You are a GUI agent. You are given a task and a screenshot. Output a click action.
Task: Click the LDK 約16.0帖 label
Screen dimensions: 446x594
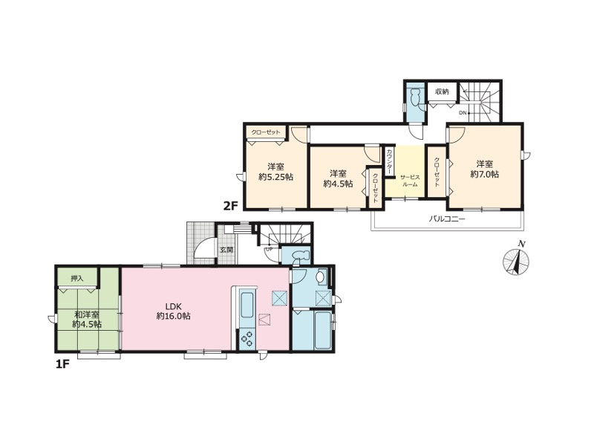click(x=173, y=310)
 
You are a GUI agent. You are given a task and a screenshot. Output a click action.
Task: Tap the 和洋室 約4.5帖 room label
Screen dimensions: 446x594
click(x=87, y=319)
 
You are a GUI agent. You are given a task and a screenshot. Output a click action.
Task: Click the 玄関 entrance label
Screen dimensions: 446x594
click(x=226, y=250)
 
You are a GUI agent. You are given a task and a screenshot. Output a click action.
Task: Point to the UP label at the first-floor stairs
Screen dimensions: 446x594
click(x=269, y=248)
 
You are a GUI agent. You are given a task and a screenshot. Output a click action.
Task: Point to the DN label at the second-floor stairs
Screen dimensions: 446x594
click(x=462, y=113)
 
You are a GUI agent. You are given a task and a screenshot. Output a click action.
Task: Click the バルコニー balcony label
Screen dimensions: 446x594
click(x=447, y=220)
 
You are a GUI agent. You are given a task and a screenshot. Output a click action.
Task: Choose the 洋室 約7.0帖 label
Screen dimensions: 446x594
click(x=484, y=169)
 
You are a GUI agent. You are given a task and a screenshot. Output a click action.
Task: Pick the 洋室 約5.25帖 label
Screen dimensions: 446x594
click(x=275, y=172)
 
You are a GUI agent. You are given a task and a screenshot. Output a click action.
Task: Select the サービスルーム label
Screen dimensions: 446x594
click(x=409, y=180)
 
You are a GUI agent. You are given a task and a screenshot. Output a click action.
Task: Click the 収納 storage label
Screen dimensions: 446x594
click(x=442, y=91)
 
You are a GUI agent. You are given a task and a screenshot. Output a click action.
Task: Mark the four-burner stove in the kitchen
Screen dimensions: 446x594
click(x=246, y=338)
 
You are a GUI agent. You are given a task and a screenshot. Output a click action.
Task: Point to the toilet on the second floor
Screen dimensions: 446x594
click(x=414, y=97)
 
